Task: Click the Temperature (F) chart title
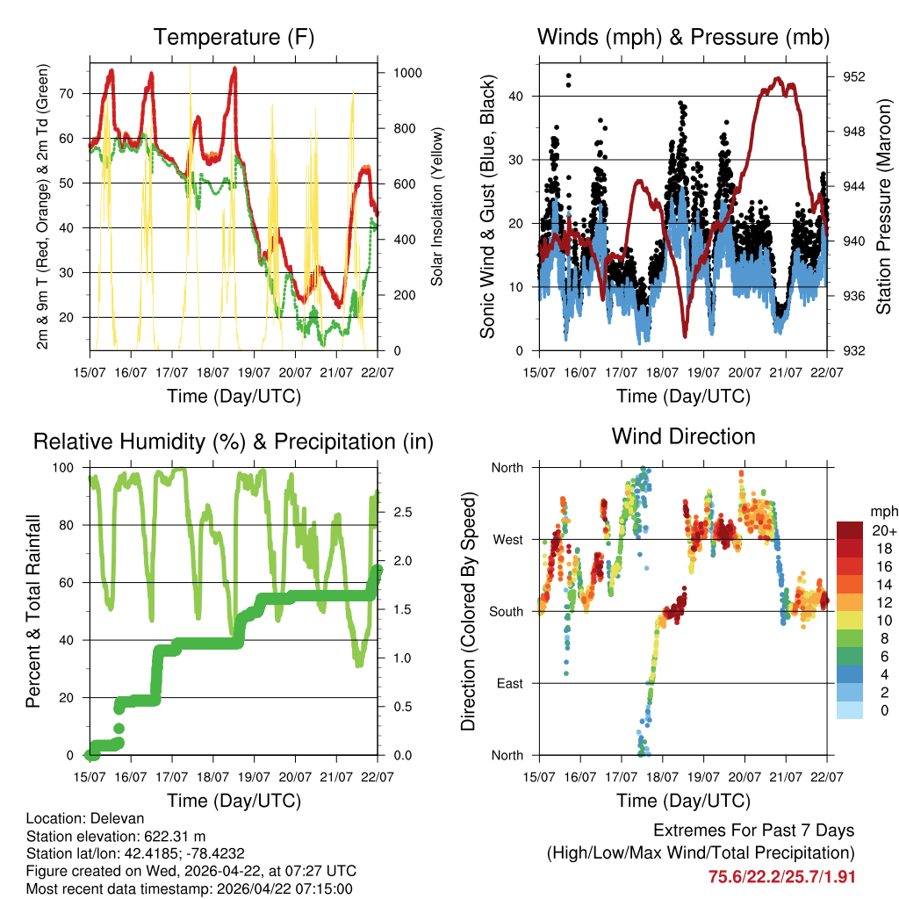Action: [x=234, y=38]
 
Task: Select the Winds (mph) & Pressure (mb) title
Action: [x=683, y=38]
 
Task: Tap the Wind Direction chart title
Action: [x=683, y=436]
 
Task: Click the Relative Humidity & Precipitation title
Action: [x=234, y=442]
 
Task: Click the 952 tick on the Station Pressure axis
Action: [x=855, y=76]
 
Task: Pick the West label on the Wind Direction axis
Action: [x=507, y=539]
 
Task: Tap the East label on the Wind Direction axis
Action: [x=508, y=683]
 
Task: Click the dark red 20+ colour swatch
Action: [x=850, y=530]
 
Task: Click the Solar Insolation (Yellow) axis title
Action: [x=436, y=206]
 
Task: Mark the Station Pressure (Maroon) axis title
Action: [x=884, y=206]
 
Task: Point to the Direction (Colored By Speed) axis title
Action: [x=468, y=610]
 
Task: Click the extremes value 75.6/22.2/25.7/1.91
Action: [x=781, y=876]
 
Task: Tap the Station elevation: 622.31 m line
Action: [x=116, y=836]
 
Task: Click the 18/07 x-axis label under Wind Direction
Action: [x=662, y=776]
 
